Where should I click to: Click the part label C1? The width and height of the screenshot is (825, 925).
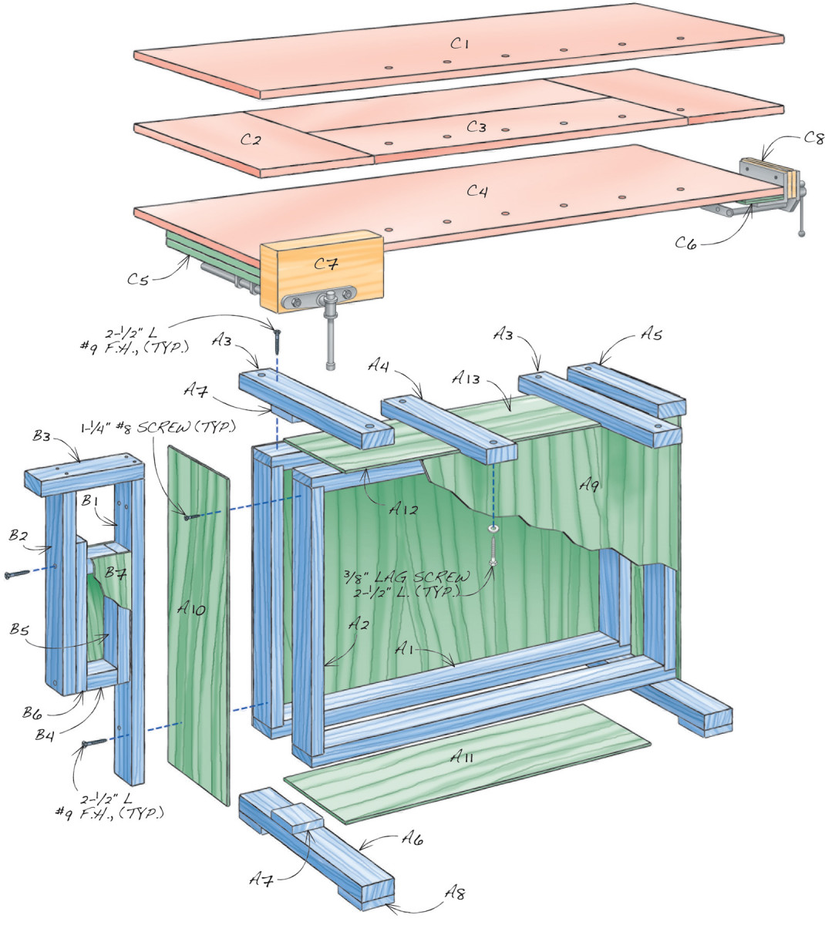(460, 45)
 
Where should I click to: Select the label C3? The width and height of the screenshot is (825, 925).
(476, 126)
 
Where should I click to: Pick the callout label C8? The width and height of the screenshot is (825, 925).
(813, 139)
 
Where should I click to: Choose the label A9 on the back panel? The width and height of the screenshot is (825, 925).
(591, 484)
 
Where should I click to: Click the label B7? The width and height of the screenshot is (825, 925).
(116, 573)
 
